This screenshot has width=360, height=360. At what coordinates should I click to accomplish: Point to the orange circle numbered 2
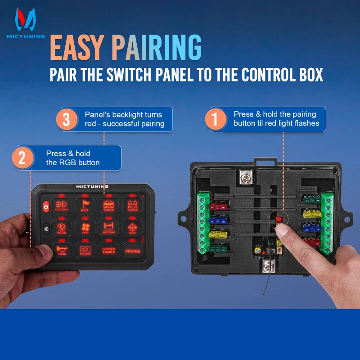tap(22, 158)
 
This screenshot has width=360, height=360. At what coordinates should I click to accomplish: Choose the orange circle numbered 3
tap(66, 120)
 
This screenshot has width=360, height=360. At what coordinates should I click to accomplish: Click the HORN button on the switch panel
tap(62, 250)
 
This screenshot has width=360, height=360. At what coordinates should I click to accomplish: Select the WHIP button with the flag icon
tap(85, 206)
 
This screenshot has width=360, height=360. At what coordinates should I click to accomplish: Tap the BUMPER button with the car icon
tap(109, 206)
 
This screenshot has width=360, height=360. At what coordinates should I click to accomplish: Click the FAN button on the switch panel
tap(85, 228)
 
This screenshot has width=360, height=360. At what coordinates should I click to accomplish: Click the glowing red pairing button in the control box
tap(278, 219)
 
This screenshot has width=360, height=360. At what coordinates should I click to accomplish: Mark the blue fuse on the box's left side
tap(219, 220)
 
